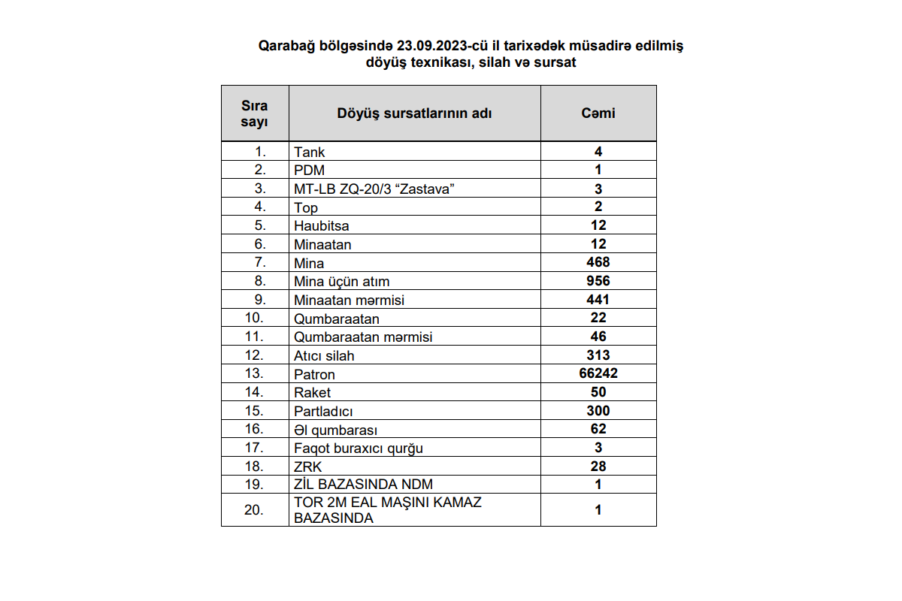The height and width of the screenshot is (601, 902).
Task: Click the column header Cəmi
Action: [598, 113]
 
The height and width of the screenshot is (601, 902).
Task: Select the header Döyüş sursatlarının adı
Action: [414, 113]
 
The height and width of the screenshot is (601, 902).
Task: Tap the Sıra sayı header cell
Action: [254, 113]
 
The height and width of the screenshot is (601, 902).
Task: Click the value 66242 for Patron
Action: [598, 373]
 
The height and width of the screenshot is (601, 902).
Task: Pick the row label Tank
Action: [310, 152]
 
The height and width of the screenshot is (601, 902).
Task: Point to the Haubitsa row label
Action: [322, 225]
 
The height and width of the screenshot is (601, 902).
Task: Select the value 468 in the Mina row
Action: [598, 262]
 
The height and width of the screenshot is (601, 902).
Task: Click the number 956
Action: [598, 281]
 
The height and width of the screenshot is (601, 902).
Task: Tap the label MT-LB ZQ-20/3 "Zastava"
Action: [374, 189]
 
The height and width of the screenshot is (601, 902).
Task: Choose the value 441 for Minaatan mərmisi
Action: [598, 300]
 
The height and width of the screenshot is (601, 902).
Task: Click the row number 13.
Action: [255, 373]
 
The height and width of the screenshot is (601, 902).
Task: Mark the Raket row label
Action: [313, 392]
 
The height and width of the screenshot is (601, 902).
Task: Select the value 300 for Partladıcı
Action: [598, 410]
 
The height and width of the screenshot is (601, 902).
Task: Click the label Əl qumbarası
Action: [335, 430]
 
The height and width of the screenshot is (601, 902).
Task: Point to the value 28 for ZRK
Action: [598, 467]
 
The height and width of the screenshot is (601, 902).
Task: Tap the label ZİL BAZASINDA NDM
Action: [364, 485]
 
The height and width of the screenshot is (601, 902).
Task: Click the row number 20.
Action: [255, 509]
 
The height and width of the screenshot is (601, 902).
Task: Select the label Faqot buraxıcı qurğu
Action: [359, 448]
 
